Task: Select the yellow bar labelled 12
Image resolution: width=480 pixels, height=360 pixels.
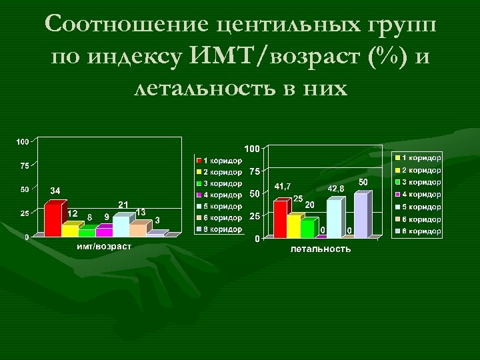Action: coord(69,229)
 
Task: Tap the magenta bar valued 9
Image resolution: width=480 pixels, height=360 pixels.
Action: coord(103,231)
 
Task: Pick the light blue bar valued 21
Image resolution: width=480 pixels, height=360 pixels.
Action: coord(121,225)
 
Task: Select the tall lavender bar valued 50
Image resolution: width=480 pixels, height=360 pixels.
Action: coord(361,214)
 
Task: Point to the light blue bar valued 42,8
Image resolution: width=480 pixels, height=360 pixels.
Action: coord(333,217)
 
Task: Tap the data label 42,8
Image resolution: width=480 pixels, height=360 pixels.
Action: coord(336,189)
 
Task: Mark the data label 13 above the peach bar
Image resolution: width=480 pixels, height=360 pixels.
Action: coord(141,211)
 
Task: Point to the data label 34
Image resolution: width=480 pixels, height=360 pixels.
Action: coord(55,191)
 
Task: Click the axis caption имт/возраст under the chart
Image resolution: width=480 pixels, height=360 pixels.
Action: coord(103,247)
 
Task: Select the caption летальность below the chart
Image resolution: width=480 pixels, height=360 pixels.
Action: coord(320,249)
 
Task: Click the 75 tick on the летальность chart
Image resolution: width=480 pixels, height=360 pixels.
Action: coord(255,171)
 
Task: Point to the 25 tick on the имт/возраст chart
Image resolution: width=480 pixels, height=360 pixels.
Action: coord(23,213)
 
